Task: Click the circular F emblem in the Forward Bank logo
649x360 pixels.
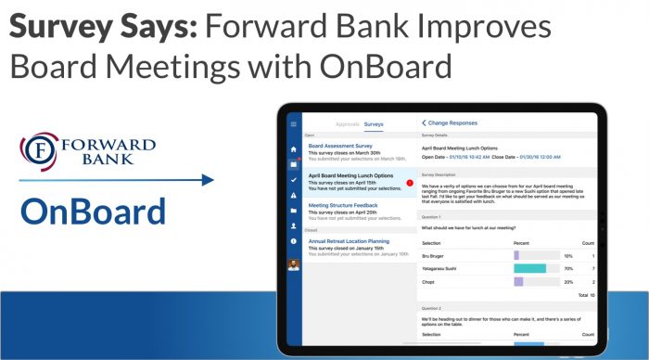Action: (39, 149)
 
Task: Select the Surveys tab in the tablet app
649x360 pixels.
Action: (374, 123)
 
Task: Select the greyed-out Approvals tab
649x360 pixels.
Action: (347, 123)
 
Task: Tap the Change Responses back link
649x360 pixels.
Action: (450, 122)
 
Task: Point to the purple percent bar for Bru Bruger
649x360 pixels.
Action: (517, 255)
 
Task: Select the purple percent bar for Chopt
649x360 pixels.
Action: (519, 281)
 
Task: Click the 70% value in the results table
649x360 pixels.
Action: (568, 268)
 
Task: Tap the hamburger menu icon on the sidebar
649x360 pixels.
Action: (294, 123)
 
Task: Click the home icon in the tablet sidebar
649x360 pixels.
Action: (294, 148)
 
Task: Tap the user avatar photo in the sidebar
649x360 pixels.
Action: (294, 264)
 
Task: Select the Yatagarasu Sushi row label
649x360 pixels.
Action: (442, 268)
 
